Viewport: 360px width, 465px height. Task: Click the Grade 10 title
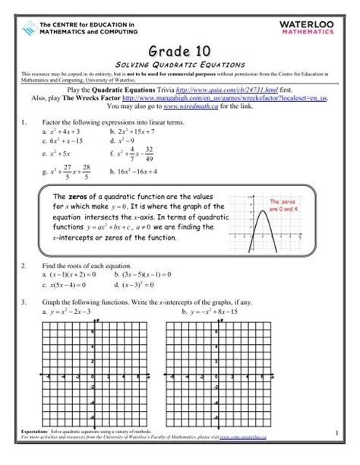tap(180, 49)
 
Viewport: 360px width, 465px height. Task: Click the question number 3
tap(25, 302)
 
